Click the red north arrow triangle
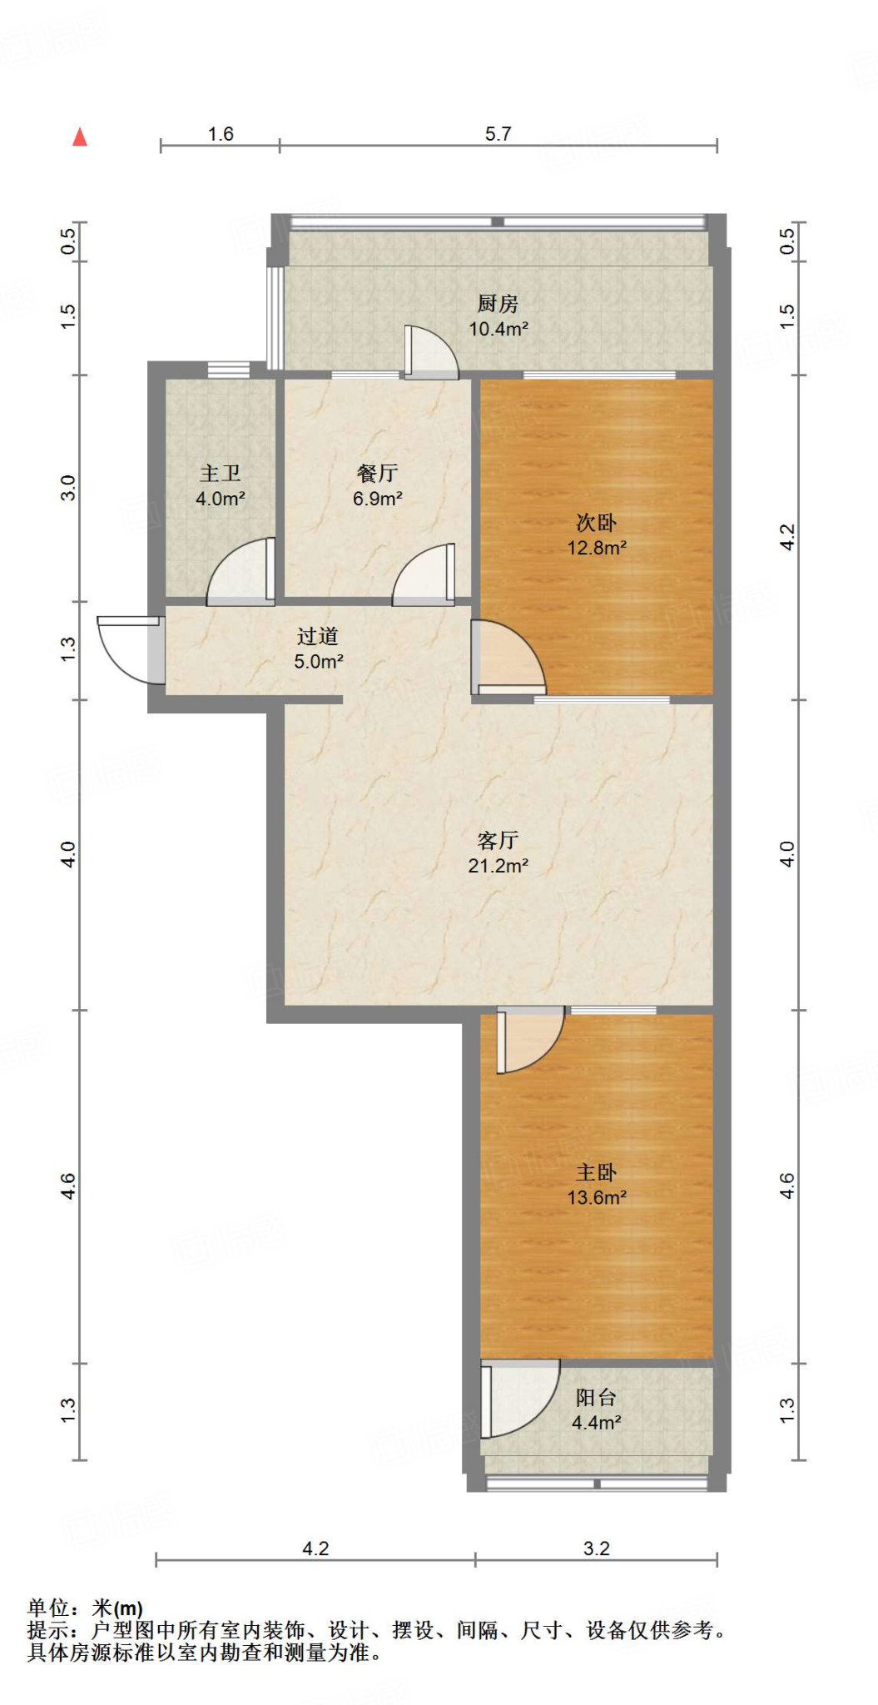(x=80, y=137)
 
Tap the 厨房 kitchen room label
(x=498, y=304)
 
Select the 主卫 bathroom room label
(x=221, y=474)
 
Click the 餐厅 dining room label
(x=378, y=474)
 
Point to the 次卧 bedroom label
(x=597, y=523)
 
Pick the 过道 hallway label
(x=318, y=637)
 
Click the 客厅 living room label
(x=498, y=841)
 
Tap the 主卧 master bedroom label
(x=597, y=1173)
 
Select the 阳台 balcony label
(x=597, y=1398)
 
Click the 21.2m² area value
(x=498, y=866)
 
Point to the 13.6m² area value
(x=597, y=1198)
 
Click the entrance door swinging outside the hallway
(x=130, y=649)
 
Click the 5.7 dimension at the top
(x=498, y=134)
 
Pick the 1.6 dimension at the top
(x=221, y=134)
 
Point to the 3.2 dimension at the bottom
(x=597, y=1548)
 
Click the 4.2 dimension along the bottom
(x=315, y=1548)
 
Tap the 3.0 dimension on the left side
(x=68, y=488)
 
